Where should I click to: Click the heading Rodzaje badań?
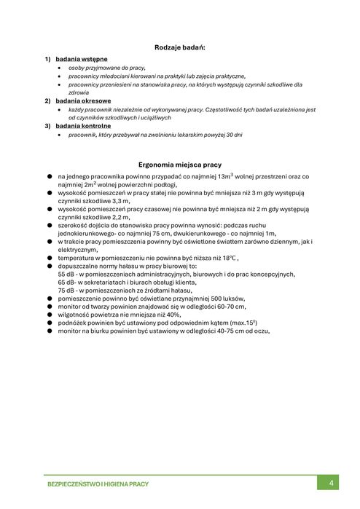[x=180, y=47]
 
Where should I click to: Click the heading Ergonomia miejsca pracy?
[x=180, y=165]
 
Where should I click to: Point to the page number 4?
[x=331, y=483]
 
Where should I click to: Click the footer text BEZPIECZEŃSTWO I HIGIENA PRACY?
[x=98, y=484]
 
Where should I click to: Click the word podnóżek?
[x=73, y=323]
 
